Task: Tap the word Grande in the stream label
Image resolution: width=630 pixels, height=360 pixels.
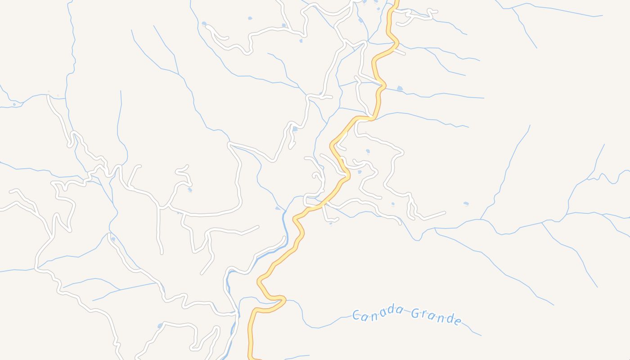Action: (436, 316)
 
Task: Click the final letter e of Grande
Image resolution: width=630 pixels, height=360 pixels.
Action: (458, 321)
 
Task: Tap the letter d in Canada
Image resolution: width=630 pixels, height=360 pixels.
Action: (390, 310)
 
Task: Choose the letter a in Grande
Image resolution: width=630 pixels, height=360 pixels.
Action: (433, 316)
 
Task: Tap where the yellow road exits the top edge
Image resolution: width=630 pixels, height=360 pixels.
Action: (396, 1)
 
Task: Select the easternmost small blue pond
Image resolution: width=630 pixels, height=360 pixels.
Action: (466, 204)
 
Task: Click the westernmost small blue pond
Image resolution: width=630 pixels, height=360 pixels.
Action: (14, 104)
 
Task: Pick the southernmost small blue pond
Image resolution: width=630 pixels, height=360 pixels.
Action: (160, 326)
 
